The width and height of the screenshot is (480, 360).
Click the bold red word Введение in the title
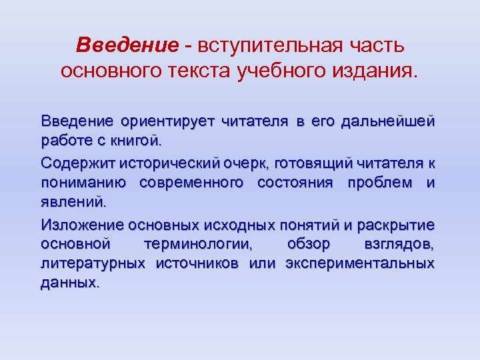[x=127, y=45]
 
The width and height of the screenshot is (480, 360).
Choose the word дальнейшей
[x=387, y=122]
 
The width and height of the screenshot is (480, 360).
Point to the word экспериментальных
[x=359, y=263]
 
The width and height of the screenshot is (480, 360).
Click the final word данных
[x=69, y=282]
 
